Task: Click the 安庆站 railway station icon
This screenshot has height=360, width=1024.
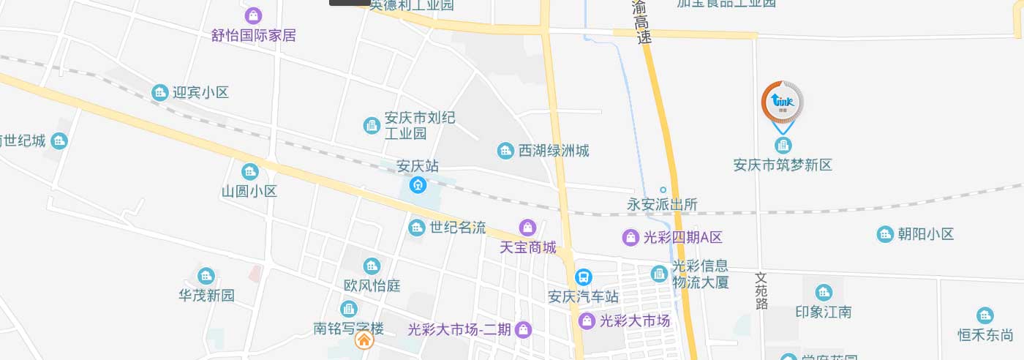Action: [418, 184]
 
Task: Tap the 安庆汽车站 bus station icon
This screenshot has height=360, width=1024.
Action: [584, 277]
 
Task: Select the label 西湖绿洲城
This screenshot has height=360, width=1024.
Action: [554, 151]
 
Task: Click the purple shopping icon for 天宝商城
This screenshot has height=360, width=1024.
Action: [527, 228]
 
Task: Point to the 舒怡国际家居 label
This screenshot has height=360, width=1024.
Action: [254, 35]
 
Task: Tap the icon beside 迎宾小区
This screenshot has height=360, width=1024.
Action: [159, 93]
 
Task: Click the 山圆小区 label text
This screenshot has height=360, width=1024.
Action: [249, 192]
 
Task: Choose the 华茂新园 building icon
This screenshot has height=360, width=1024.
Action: [206, 276]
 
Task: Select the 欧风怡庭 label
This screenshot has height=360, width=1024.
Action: [372, 285]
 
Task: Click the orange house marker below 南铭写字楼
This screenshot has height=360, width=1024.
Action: [364, 340]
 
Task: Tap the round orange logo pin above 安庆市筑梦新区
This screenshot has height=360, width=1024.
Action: [783, 102]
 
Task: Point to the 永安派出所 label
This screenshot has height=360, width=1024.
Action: [663, 205]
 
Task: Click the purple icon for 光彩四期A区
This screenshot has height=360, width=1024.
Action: [630, 237]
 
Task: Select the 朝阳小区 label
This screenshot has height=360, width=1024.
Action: [927, 234]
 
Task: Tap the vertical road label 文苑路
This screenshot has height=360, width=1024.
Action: [761, 291]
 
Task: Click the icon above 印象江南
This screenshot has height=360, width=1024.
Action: [824, 293]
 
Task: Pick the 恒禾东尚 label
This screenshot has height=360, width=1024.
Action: [985, 335]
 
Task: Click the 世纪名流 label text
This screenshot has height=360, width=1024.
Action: [458, 228]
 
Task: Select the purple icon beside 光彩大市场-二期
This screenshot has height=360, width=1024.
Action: [523, 329]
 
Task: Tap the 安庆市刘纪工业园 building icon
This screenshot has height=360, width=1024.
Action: [372, 126]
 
